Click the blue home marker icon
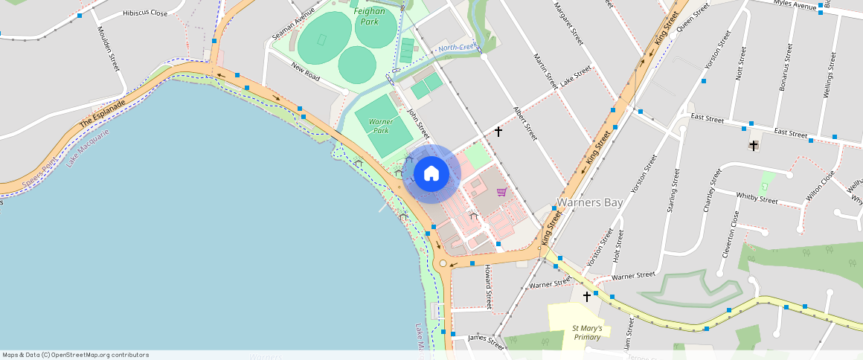pyautogui.click(x=431, y=174)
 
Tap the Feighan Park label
pyautogui.click(x=370, y=17)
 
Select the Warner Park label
pyautogui.click(x=381, y=126)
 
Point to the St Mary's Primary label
pyautogui.click(x=587, y=332)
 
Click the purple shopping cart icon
pyautogui.click(x=502, y=192)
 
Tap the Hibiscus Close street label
pyautogui.click(x=145, y=13)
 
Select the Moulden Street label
pyautogui.click(x=109, y=49)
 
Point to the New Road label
pyautogui.click(x=306, y=72)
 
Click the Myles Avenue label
pyautogui.click(x=795, y=4)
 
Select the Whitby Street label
pyautogui.click(x=757, y=199)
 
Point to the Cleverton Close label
pyautogui.click(x=730, y=234)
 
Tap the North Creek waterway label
pyautogui.click(x=457, y=48)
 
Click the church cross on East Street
pyautogui.click(x=754, y=146)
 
